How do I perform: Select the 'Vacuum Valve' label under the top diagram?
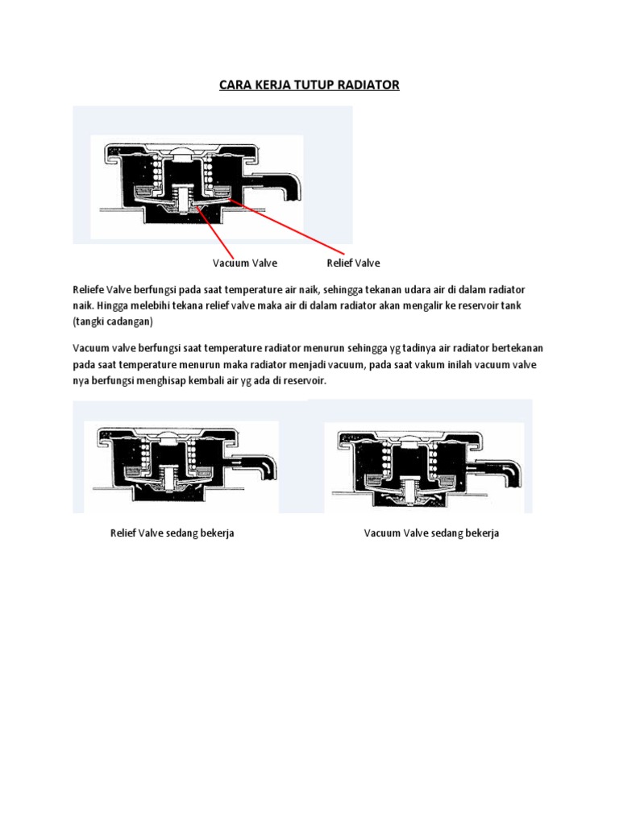[x=245, y=263]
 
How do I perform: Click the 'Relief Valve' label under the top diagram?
[x=353, y=263]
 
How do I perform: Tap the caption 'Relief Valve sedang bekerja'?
[x=172, y=533]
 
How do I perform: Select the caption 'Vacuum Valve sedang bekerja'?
[x=431, y=533]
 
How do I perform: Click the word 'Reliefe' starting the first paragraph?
[x=89, y=289]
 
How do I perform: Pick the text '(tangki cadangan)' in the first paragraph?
[x=113, y=321]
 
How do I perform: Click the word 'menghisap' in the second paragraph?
[x=161, y=380]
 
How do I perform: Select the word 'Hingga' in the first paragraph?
[x=111, y=305]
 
